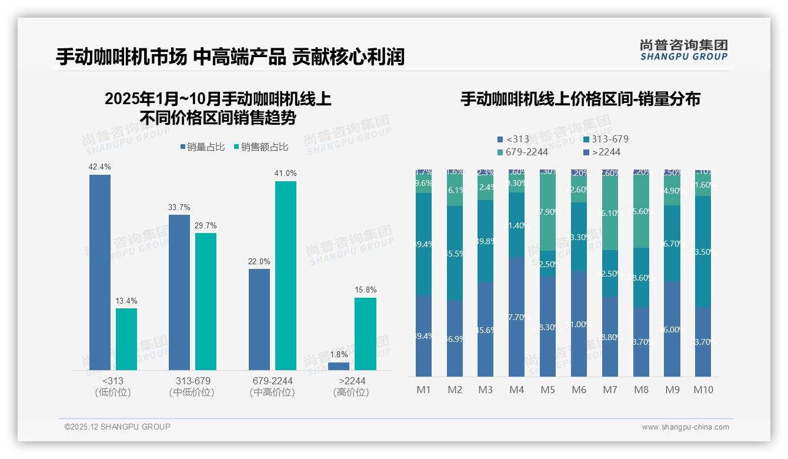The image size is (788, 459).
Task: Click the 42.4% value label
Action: click(99, 167)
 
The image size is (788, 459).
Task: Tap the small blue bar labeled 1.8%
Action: click(339, 366)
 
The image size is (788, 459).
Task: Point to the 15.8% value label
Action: click(365, 290)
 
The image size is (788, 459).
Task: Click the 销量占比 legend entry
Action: click(202, 147)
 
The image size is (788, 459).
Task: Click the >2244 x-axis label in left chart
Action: click(352, 381)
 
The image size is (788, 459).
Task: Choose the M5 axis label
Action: click(547, 390)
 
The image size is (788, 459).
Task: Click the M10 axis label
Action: click(703, 390)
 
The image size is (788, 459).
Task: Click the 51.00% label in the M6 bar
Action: click(579, 324)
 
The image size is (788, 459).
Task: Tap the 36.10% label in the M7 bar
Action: click(610, 214)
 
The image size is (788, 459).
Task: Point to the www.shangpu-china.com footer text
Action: click(685, 427)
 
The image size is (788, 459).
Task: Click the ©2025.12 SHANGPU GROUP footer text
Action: click(118, 427)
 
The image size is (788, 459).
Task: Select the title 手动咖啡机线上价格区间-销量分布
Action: click(580, 99)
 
